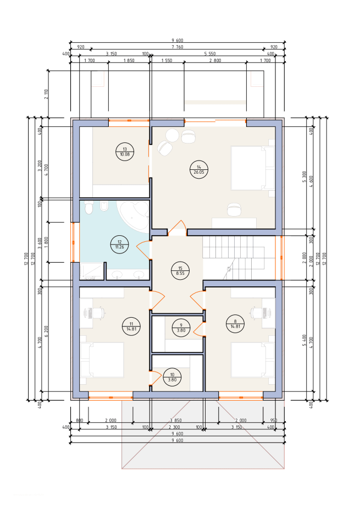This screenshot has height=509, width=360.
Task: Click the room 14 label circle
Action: point(199,169)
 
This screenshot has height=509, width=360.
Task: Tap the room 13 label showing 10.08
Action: point(125,152)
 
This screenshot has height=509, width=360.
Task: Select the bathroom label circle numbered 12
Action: point(119,245)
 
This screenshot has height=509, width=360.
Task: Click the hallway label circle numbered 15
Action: point(180,271)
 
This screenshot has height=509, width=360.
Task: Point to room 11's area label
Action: point(131,327)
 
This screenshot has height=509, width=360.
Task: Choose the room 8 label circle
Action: point(235,324)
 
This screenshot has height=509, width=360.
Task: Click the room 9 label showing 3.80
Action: point(181,328)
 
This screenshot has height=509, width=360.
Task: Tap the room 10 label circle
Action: point(172,377)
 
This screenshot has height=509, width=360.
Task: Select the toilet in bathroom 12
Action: point(104,206)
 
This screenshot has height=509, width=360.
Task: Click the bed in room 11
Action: point(102,360)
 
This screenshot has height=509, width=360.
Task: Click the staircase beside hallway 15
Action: point(239,257)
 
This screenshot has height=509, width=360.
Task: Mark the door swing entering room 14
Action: point(177,228)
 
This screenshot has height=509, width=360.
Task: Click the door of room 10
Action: point(155,379)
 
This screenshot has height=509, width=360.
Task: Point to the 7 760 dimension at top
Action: point(177,47)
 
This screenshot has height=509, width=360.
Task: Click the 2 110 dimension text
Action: point(46,94)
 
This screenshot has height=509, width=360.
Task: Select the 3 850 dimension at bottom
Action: point(175,421)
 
